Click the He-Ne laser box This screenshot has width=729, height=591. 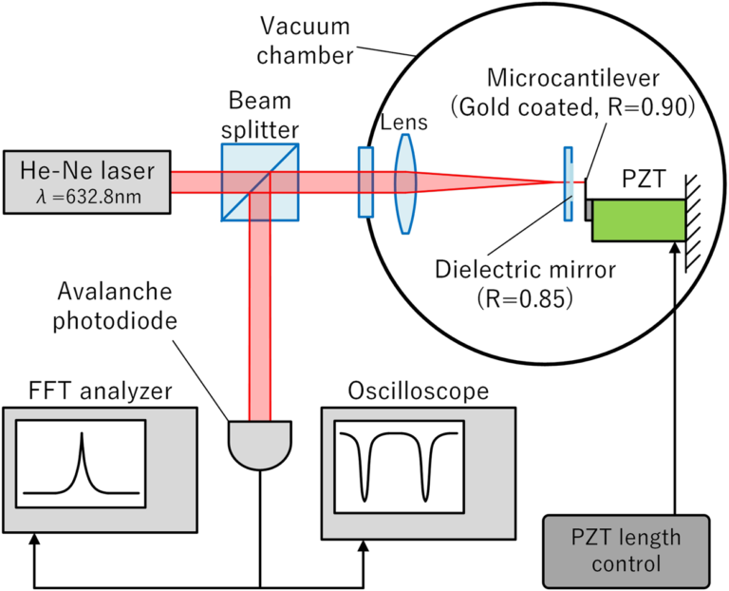point(85,180)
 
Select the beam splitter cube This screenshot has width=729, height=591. point(260,182)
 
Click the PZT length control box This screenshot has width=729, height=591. point(626,550)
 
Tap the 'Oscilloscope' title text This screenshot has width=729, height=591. point(418,391)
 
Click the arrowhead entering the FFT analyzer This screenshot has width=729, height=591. point(35,542)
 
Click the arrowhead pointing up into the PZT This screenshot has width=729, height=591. point(675,250)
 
